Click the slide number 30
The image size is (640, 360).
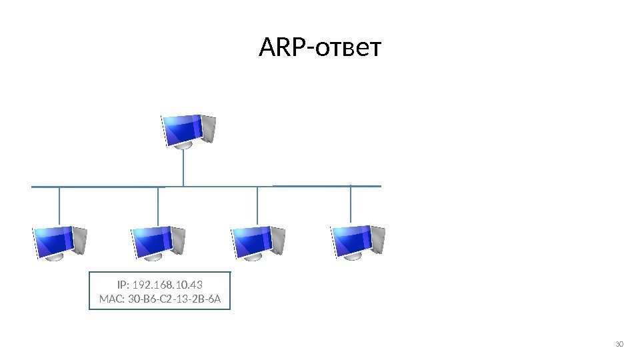618,344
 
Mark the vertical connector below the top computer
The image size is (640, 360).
183,167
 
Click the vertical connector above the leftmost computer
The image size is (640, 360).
59,206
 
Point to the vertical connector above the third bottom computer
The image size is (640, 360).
257,206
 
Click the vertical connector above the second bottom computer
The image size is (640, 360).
158,206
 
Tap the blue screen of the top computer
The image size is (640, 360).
182,129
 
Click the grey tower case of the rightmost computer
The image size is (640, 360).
377,239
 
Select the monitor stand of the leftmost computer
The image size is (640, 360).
55,256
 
